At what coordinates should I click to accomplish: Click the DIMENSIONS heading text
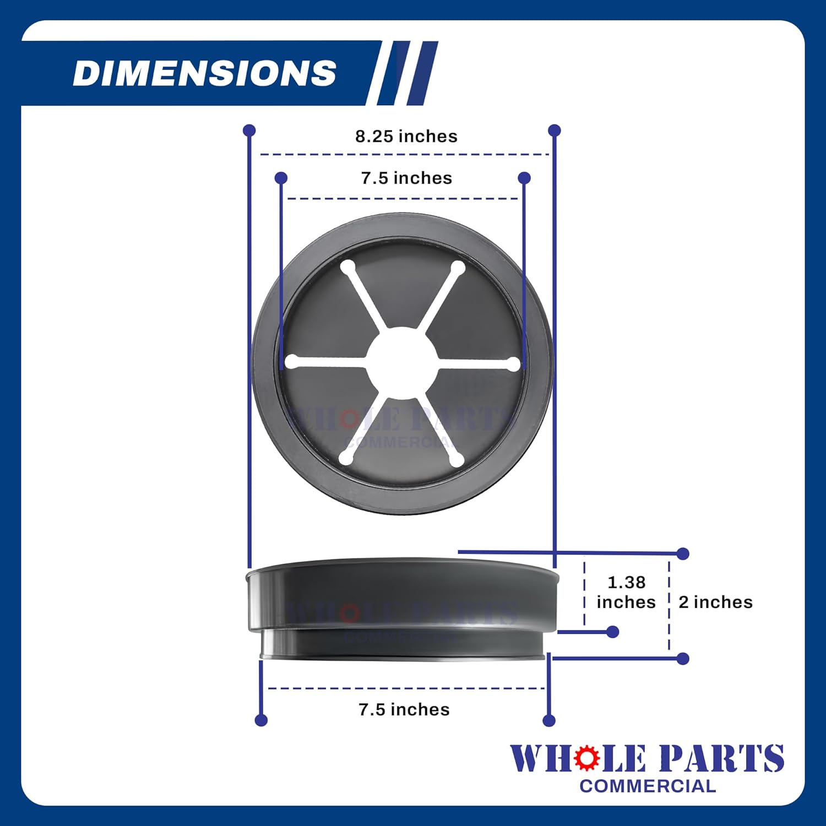[204, 73]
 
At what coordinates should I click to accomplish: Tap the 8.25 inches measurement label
[406, 136]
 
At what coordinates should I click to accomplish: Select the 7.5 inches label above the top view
[406, 178]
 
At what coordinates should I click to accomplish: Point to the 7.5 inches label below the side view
[404, 709]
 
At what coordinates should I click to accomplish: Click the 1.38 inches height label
[626, 592]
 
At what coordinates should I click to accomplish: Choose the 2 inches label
[715, 602]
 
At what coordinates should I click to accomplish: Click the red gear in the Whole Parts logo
[586, 758]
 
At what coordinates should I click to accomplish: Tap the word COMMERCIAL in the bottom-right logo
[648, 786]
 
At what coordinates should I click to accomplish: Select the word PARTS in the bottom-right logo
[722, 758]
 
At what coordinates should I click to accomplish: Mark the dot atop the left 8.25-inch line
[249, 131]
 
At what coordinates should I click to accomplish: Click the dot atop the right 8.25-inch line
[555, 131]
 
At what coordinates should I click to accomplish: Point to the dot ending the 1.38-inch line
[612, 632]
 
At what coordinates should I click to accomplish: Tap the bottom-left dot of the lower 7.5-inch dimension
[262, 720]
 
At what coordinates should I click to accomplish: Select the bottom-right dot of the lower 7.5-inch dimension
[548, 720]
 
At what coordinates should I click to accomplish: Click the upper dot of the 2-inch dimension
[683, 553]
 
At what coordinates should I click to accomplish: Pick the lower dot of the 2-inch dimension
[683, 658]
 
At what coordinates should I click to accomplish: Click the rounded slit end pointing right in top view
[512, 364]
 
